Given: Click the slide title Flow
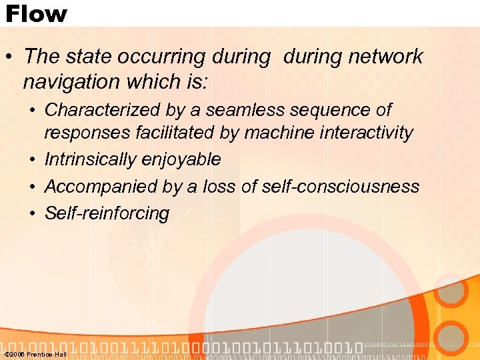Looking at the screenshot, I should point(36,13).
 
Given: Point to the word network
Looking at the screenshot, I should point(386,57).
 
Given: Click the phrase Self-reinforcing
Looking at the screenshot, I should point(107,213).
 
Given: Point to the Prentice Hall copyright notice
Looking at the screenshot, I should point(35,355).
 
